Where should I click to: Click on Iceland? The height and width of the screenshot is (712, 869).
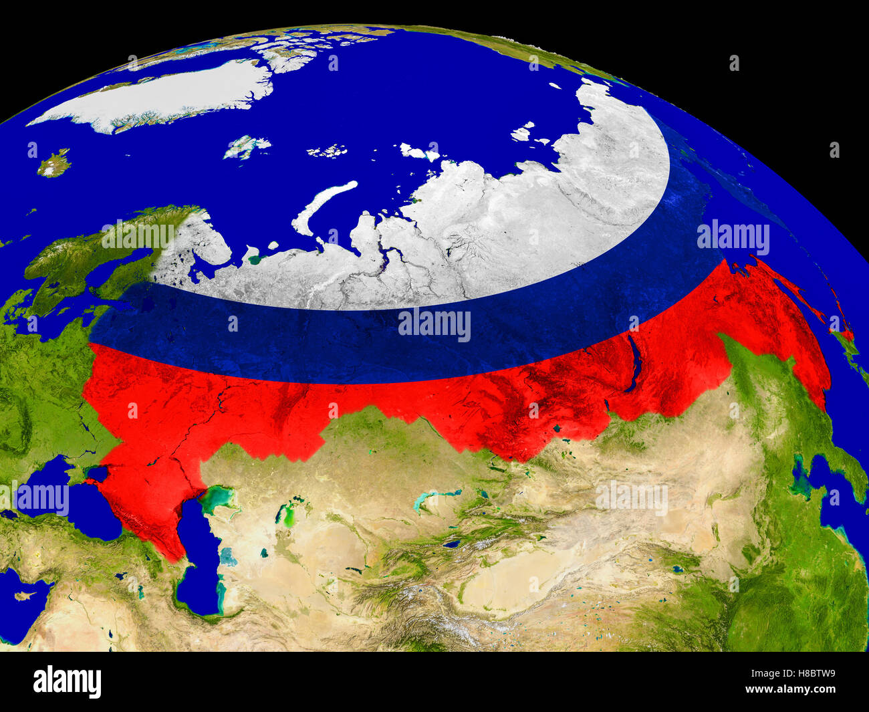click(x=54, y=162)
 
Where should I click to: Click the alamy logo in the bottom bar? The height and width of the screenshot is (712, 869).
click(x=67, y=682)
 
